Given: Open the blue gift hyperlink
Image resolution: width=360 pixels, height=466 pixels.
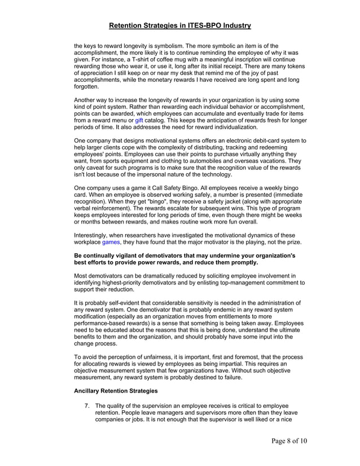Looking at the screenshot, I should point(139,120).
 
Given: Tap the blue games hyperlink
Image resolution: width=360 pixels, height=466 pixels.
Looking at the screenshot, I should point(111,242).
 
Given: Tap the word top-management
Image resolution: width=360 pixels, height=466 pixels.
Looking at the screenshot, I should point(252,283).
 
